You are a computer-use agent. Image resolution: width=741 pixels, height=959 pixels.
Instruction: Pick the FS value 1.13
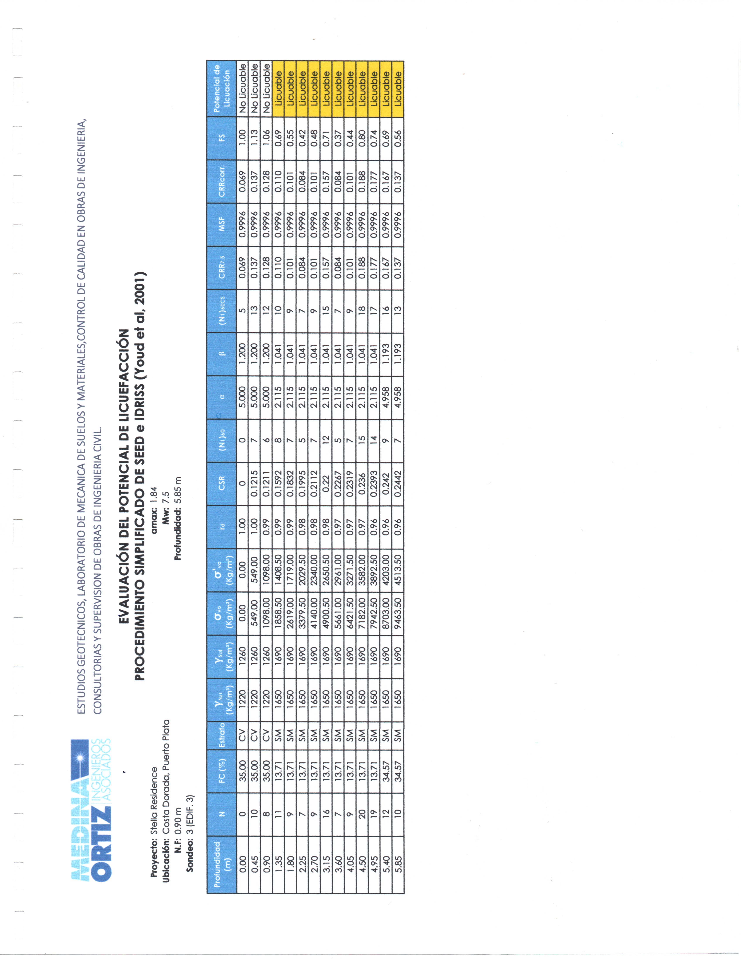(255, 138)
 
